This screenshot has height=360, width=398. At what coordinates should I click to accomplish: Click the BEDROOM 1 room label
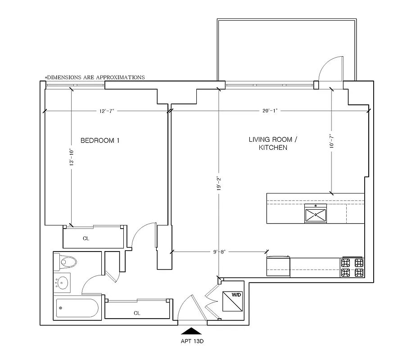(x=100, y=140)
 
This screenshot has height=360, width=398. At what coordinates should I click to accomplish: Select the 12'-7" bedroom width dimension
(x=107, y=111)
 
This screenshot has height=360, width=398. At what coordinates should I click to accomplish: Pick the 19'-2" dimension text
(x=218, y=184)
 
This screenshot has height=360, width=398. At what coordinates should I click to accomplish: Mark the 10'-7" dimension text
(x=332, y=141)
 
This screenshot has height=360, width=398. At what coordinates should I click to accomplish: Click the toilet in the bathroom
(x=68, y=261)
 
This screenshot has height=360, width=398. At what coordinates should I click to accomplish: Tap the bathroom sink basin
(x=63, y=283)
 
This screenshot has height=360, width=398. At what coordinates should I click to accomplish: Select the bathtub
(x=76, y=308)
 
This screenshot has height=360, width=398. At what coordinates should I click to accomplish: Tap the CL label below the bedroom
(x=86, y=238)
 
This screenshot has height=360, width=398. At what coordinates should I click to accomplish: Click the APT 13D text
(x=192, y=341)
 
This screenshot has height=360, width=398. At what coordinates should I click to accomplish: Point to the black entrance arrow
(x=192, y=331)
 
